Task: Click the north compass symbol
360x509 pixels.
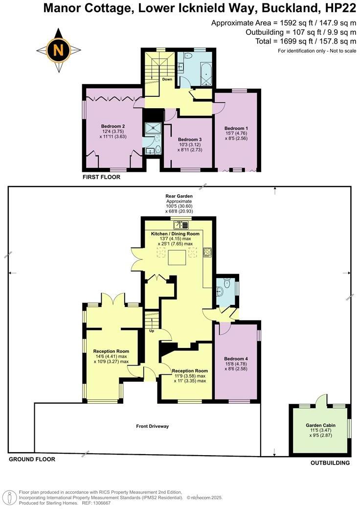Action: coord(58,50)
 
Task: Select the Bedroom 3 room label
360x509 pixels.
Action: coord(190,139)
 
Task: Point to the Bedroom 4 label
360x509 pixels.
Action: coord(236,359)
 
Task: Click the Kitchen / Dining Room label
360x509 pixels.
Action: coord(176,234)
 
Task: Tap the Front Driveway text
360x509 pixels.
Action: coord(152,426)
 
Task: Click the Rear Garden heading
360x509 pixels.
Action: coord(179,196)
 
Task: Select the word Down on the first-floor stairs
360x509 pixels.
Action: coord(167,79)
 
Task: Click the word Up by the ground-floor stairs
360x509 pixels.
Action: coord(152,330)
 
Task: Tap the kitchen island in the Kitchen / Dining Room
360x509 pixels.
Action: coord(177,257)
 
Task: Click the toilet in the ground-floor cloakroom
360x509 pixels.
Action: coord(226,284)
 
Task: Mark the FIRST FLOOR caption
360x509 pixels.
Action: coord(101,177)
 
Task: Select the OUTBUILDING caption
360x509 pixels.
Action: coord(331,463)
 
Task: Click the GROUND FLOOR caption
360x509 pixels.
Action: coord(32,459)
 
